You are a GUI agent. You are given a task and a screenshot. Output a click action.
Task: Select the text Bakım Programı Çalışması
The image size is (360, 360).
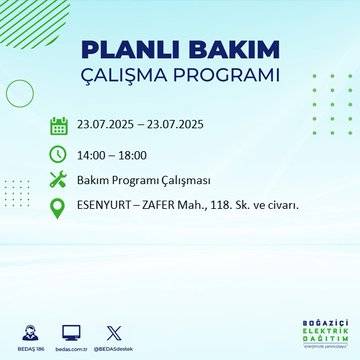136,180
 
